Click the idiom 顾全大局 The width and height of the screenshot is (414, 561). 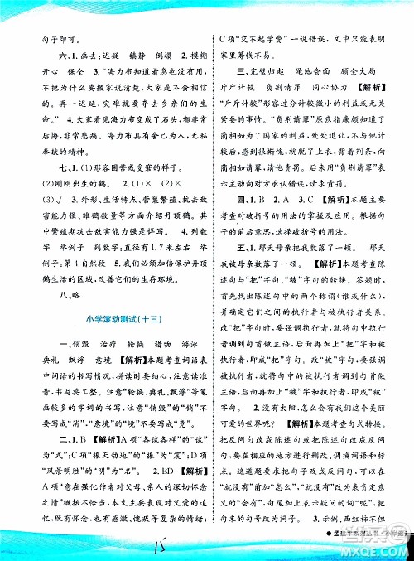pos(359,75)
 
